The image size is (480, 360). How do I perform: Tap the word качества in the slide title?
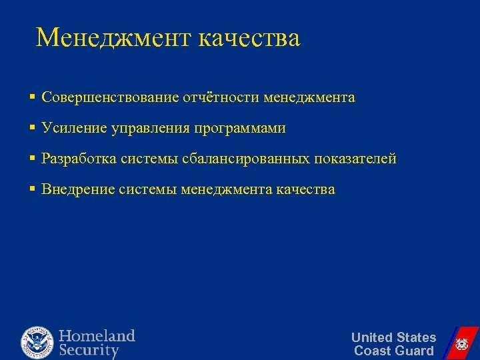click(x=249, y=38)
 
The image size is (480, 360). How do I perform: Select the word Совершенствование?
click(x=110, y=98)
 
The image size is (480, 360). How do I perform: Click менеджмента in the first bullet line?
click(x=309, y=98)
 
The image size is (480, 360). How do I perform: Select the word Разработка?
click(x=78, y=159)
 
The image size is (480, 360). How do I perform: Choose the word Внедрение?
click(x=78, y=189)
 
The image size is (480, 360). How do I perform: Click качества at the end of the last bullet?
click(x=305, y=189)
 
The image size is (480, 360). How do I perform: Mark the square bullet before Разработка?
click(x=32, y=159)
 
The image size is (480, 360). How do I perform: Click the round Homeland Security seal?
click(x=37, y=343)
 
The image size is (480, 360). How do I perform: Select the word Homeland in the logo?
click(x=97, y=335)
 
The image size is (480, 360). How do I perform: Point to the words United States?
click(x=393, y=337)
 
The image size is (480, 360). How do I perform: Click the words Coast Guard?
click(x=393, y=351)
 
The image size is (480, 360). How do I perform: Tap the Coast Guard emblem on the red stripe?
click(x=461, y=344)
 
